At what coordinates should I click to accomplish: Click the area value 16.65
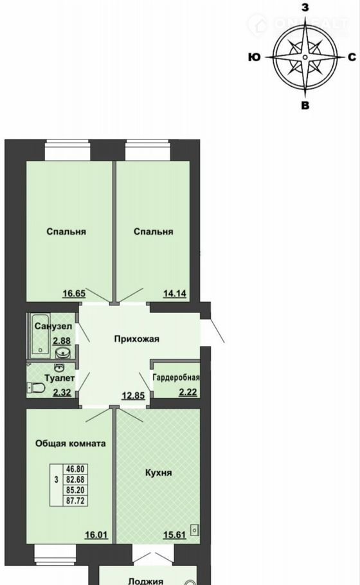[74, 293]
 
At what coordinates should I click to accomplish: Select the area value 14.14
[175, 293]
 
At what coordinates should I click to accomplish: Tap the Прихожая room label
[136, 339]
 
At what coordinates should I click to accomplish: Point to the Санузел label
[53, 326]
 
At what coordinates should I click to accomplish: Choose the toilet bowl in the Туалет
[36, 388]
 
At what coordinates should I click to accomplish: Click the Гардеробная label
[176, 377]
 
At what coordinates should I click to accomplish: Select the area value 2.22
[188, 392]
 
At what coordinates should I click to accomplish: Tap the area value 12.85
[133, 395]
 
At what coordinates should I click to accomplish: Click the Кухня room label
[159, 473]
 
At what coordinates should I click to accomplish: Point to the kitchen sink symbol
[194, 530]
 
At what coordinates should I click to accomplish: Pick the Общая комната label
[71, 443]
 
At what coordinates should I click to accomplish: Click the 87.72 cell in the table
[75, 501]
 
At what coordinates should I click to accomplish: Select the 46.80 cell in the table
[75, 469]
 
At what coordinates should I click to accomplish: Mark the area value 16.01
[96, 535]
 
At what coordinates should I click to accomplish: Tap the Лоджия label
[146, 581]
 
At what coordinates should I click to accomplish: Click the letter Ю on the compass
[254, 57]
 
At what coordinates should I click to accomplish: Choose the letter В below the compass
[305, 105]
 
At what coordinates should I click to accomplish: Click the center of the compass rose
[305, 57]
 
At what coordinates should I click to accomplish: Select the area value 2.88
[61, 340]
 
